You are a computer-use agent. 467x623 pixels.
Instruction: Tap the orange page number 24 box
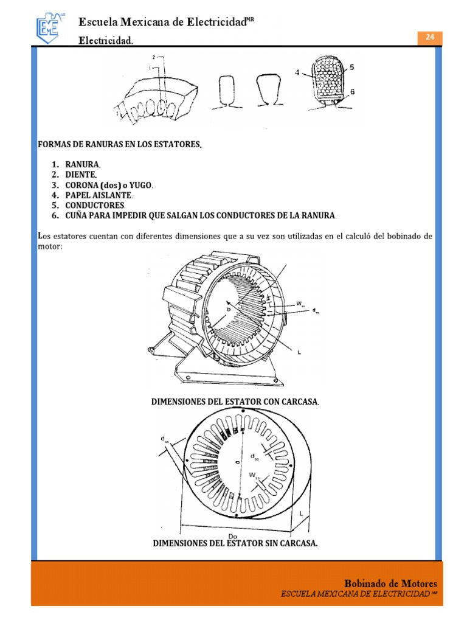click(430, 37)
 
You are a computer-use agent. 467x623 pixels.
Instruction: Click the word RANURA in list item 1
click(83, 165)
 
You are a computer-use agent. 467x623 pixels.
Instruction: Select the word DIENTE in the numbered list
click(81, 175)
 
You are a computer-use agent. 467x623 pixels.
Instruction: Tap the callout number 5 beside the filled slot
click(352, 67)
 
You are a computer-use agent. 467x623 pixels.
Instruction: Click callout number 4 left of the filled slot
click(297, 72)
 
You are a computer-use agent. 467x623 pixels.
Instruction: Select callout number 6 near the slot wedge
click(352, 91)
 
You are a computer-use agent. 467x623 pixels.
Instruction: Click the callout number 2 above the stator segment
click(154, 57)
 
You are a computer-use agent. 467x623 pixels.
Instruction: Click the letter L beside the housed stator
click(300, 352)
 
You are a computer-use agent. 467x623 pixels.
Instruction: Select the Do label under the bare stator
click(232, 535)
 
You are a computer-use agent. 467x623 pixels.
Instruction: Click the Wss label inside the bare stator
click(252, 475)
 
